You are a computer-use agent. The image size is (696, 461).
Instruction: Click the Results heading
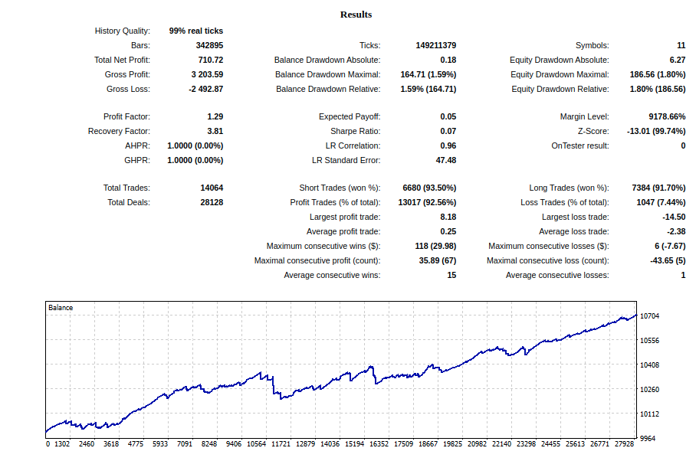356,15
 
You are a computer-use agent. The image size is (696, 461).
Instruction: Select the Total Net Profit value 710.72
210,60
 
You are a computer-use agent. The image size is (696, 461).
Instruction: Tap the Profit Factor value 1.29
215,116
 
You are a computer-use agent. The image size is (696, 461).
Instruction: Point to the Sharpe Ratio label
355,131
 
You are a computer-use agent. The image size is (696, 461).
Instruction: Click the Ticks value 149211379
436,45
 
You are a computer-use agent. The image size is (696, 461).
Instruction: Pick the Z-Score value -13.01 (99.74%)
656,131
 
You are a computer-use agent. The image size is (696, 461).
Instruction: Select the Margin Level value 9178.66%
667,116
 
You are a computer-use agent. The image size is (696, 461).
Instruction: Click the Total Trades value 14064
212,188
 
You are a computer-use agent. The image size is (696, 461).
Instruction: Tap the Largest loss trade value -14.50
674,217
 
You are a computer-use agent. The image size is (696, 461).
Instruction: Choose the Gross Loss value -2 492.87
205,89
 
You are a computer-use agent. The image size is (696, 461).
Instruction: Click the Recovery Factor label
119,131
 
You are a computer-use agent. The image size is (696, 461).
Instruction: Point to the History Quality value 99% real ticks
195,31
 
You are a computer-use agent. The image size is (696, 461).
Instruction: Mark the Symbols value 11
681,45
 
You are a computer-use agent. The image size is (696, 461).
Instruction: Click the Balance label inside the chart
61,308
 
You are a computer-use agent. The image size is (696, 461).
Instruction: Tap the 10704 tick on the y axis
649,316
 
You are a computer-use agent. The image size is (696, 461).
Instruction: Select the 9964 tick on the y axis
648,438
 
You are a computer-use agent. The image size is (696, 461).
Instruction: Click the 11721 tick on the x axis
281,444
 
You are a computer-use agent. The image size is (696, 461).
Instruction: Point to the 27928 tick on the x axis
624,444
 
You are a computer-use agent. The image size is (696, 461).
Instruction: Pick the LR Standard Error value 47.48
445,161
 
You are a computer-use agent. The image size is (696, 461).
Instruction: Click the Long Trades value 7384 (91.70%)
658,188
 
